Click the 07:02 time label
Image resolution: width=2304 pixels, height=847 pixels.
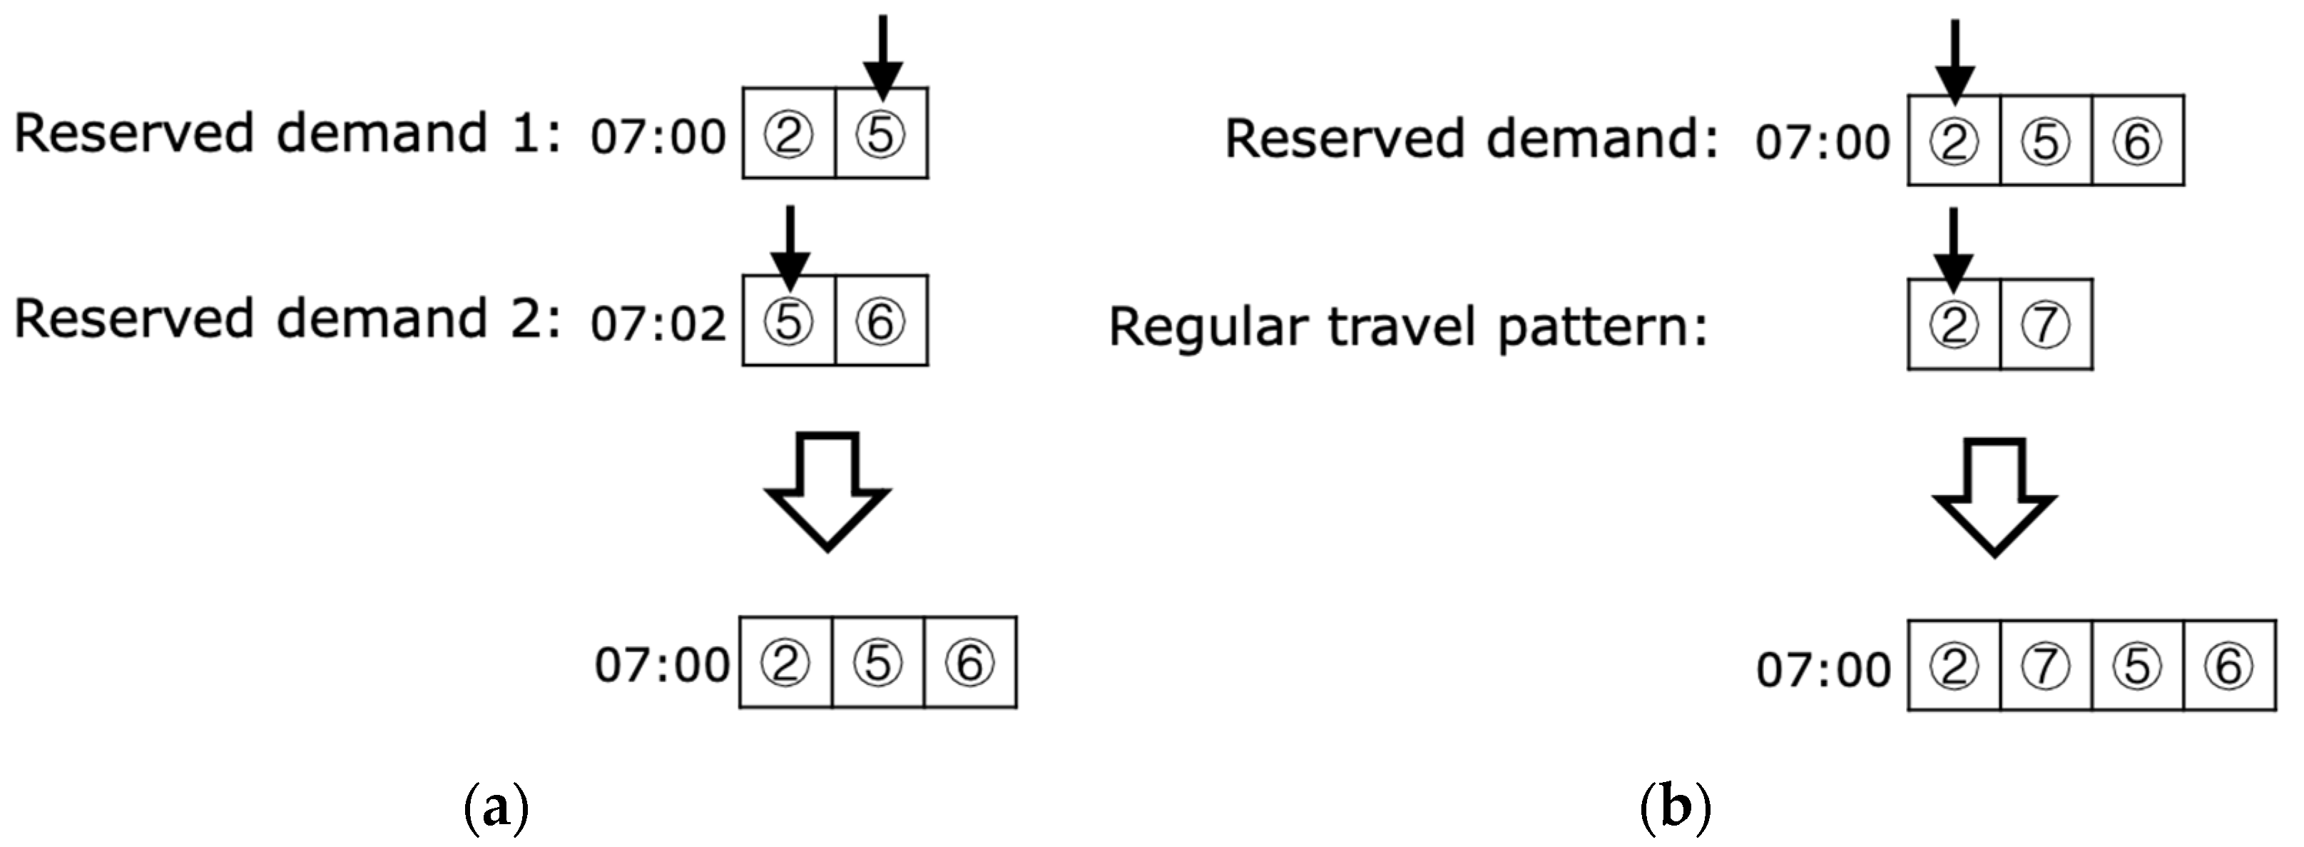[x=658, y=324]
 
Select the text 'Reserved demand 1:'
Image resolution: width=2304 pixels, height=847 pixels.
[x=286, y=134]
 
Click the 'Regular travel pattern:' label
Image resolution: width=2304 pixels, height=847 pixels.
[x=1408, y=328]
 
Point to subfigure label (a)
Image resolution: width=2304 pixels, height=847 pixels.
[x=497, y=808]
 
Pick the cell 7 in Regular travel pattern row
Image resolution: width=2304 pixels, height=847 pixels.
[x=2046, y=325]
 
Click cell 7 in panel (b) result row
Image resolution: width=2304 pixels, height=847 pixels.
[x=2046, y=666]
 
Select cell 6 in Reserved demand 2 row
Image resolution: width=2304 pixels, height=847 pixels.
[x=881, y=321]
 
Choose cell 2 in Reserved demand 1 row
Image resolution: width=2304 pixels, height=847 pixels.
[x=788, y=134]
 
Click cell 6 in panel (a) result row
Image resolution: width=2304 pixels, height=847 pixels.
[x=969, y=663]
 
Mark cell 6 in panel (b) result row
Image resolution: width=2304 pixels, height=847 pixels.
[x=2229, y=666]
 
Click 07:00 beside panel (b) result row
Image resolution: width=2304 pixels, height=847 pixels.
[x=1823, y=670]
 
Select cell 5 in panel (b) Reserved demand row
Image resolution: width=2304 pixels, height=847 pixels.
[x=2046, y=141]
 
